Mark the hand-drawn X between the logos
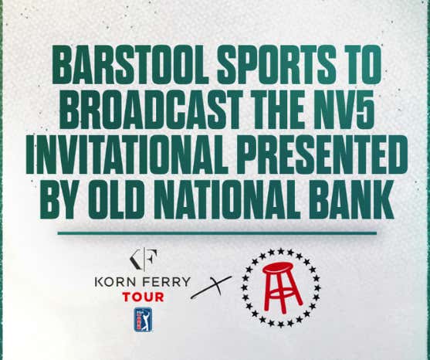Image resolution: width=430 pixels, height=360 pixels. [x=211, y=291]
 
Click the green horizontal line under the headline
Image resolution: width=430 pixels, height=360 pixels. [x=215, y=231]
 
